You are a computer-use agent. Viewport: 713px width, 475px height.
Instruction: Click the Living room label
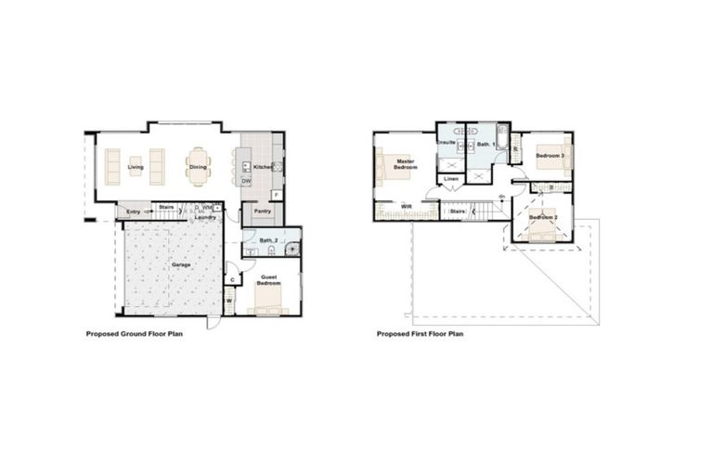136,168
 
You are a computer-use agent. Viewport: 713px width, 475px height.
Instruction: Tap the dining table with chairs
198,167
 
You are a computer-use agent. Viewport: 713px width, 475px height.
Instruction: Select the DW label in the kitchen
246,181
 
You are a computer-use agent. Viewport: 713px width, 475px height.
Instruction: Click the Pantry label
263,211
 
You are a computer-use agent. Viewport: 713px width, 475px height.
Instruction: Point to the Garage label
180,264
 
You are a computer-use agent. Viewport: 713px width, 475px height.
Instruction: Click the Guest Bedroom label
269,280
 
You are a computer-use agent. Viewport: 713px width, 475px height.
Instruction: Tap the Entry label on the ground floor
134,212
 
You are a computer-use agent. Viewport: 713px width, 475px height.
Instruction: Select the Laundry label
205,217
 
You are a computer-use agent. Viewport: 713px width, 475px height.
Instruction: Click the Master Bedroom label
405,164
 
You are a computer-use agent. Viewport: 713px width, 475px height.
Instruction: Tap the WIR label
406,207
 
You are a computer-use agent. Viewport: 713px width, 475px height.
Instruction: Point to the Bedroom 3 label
551,156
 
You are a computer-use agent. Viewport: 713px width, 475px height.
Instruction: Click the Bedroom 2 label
543,217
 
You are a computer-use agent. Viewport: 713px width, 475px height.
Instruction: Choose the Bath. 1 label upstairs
484,146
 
